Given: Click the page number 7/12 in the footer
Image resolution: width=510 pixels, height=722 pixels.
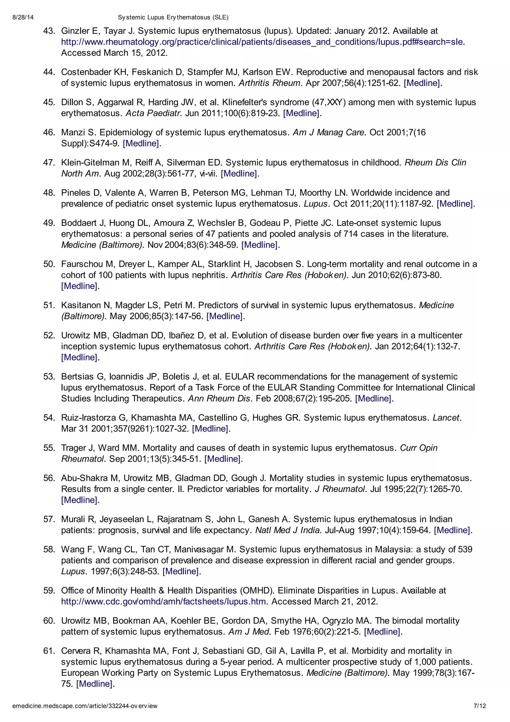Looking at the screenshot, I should [x=480, y=706].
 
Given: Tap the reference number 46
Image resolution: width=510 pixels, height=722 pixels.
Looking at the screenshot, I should [x=49, y=132].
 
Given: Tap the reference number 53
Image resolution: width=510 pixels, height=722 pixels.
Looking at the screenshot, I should [x=49, y=377].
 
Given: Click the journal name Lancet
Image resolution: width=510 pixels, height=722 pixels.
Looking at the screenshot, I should [x=446, y=418].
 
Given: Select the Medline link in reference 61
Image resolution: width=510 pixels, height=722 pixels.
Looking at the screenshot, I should [x=95, y=684].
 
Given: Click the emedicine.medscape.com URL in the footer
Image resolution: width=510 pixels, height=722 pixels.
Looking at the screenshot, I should [x=85, y=706].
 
